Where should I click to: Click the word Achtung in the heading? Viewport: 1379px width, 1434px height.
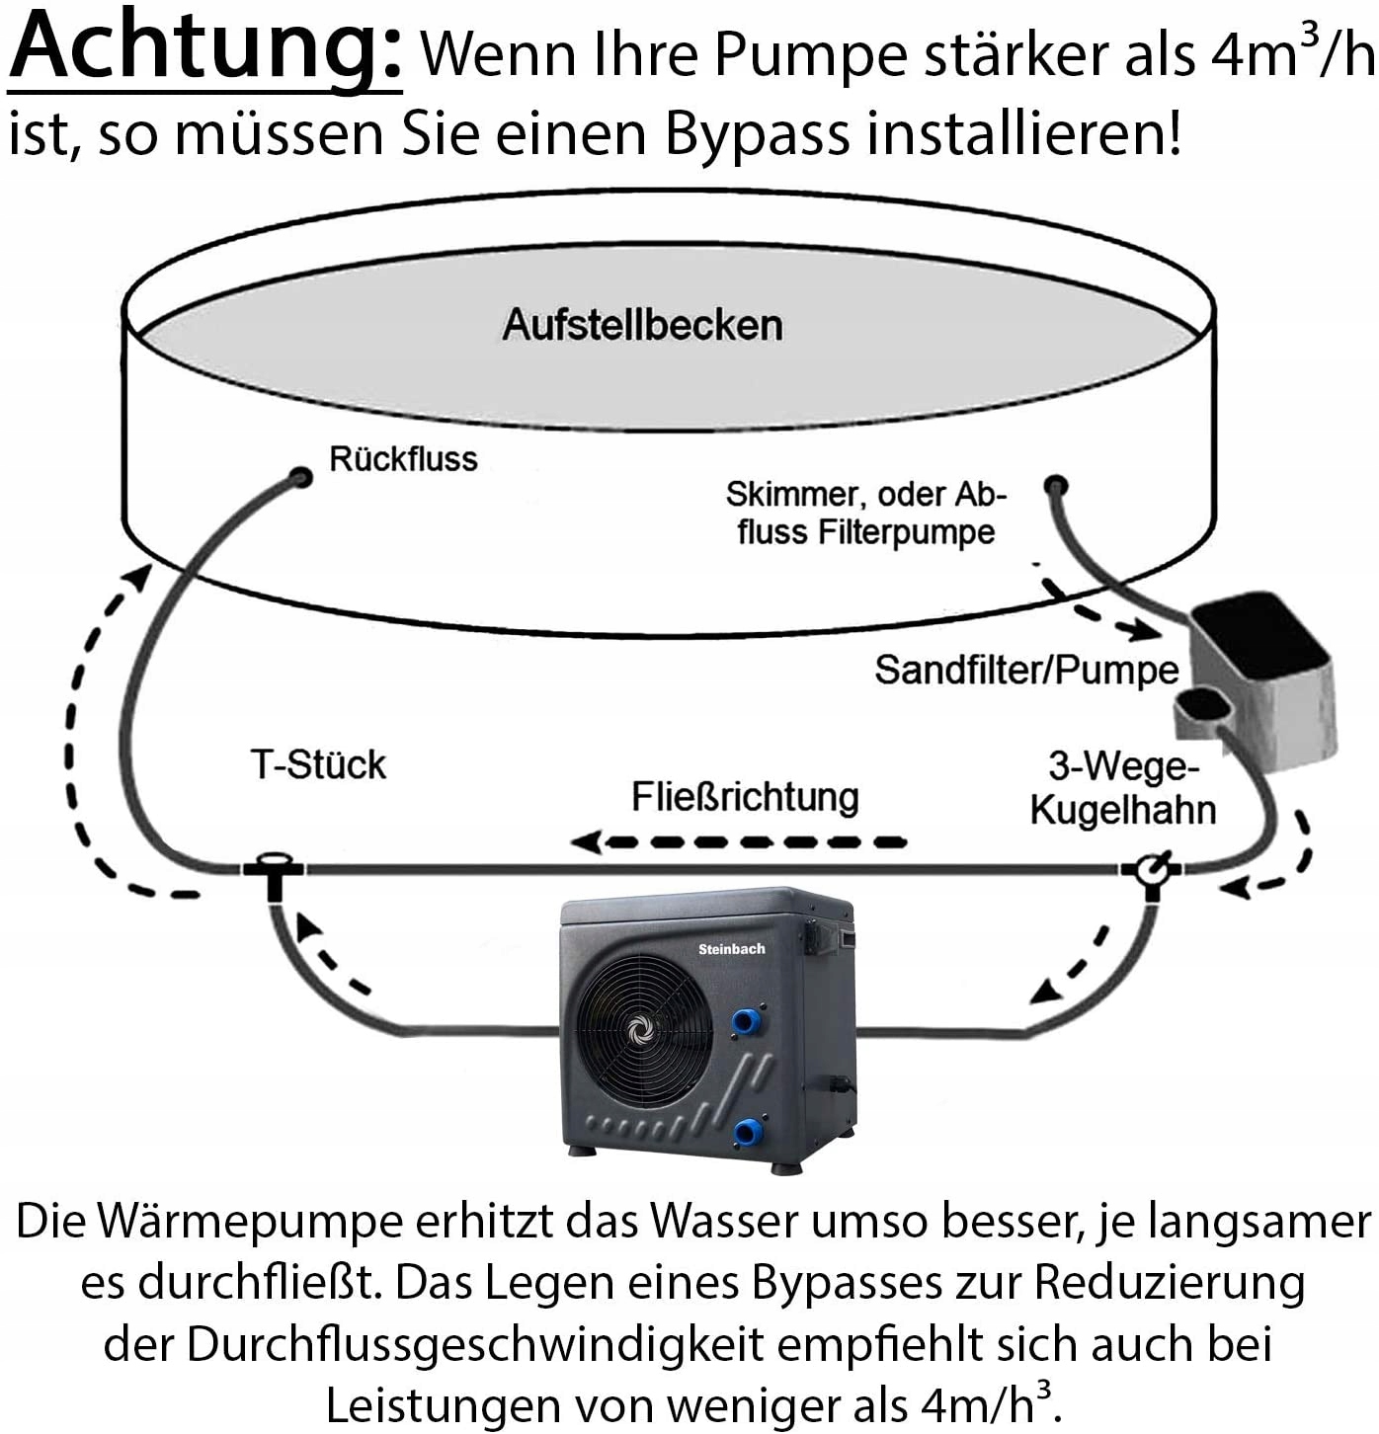205,49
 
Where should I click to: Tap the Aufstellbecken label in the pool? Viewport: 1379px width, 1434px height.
642,325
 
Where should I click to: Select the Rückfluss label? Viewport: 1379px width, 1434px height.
403,459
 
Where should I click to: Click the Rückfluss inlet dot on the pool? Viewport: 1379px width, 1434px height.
301,478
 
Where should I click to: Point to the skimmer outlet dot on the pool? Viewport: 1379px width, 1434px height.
1056,485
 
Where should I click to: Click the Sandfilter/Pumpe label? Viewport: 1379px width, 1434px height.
1026,671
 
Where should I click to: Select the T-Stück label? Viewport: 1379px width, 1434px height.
318,765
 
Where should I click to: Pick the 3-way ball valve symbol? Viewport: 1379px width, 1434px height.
1151,870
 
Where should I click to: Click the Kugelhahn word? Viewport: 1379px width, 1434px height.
1122,810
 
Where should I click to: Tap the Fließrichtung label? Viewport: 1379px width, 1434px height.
745,797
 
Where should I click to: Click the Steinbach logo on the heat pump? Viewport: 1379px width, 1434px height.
731,949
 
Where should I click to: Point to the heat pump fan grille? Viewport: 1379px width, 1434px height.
640,1027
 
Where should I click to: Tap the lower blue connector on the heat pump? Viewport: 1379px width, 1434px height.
748,1131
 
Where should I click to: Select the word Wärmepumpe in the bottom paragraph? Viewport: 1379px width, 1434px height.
252,1223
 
